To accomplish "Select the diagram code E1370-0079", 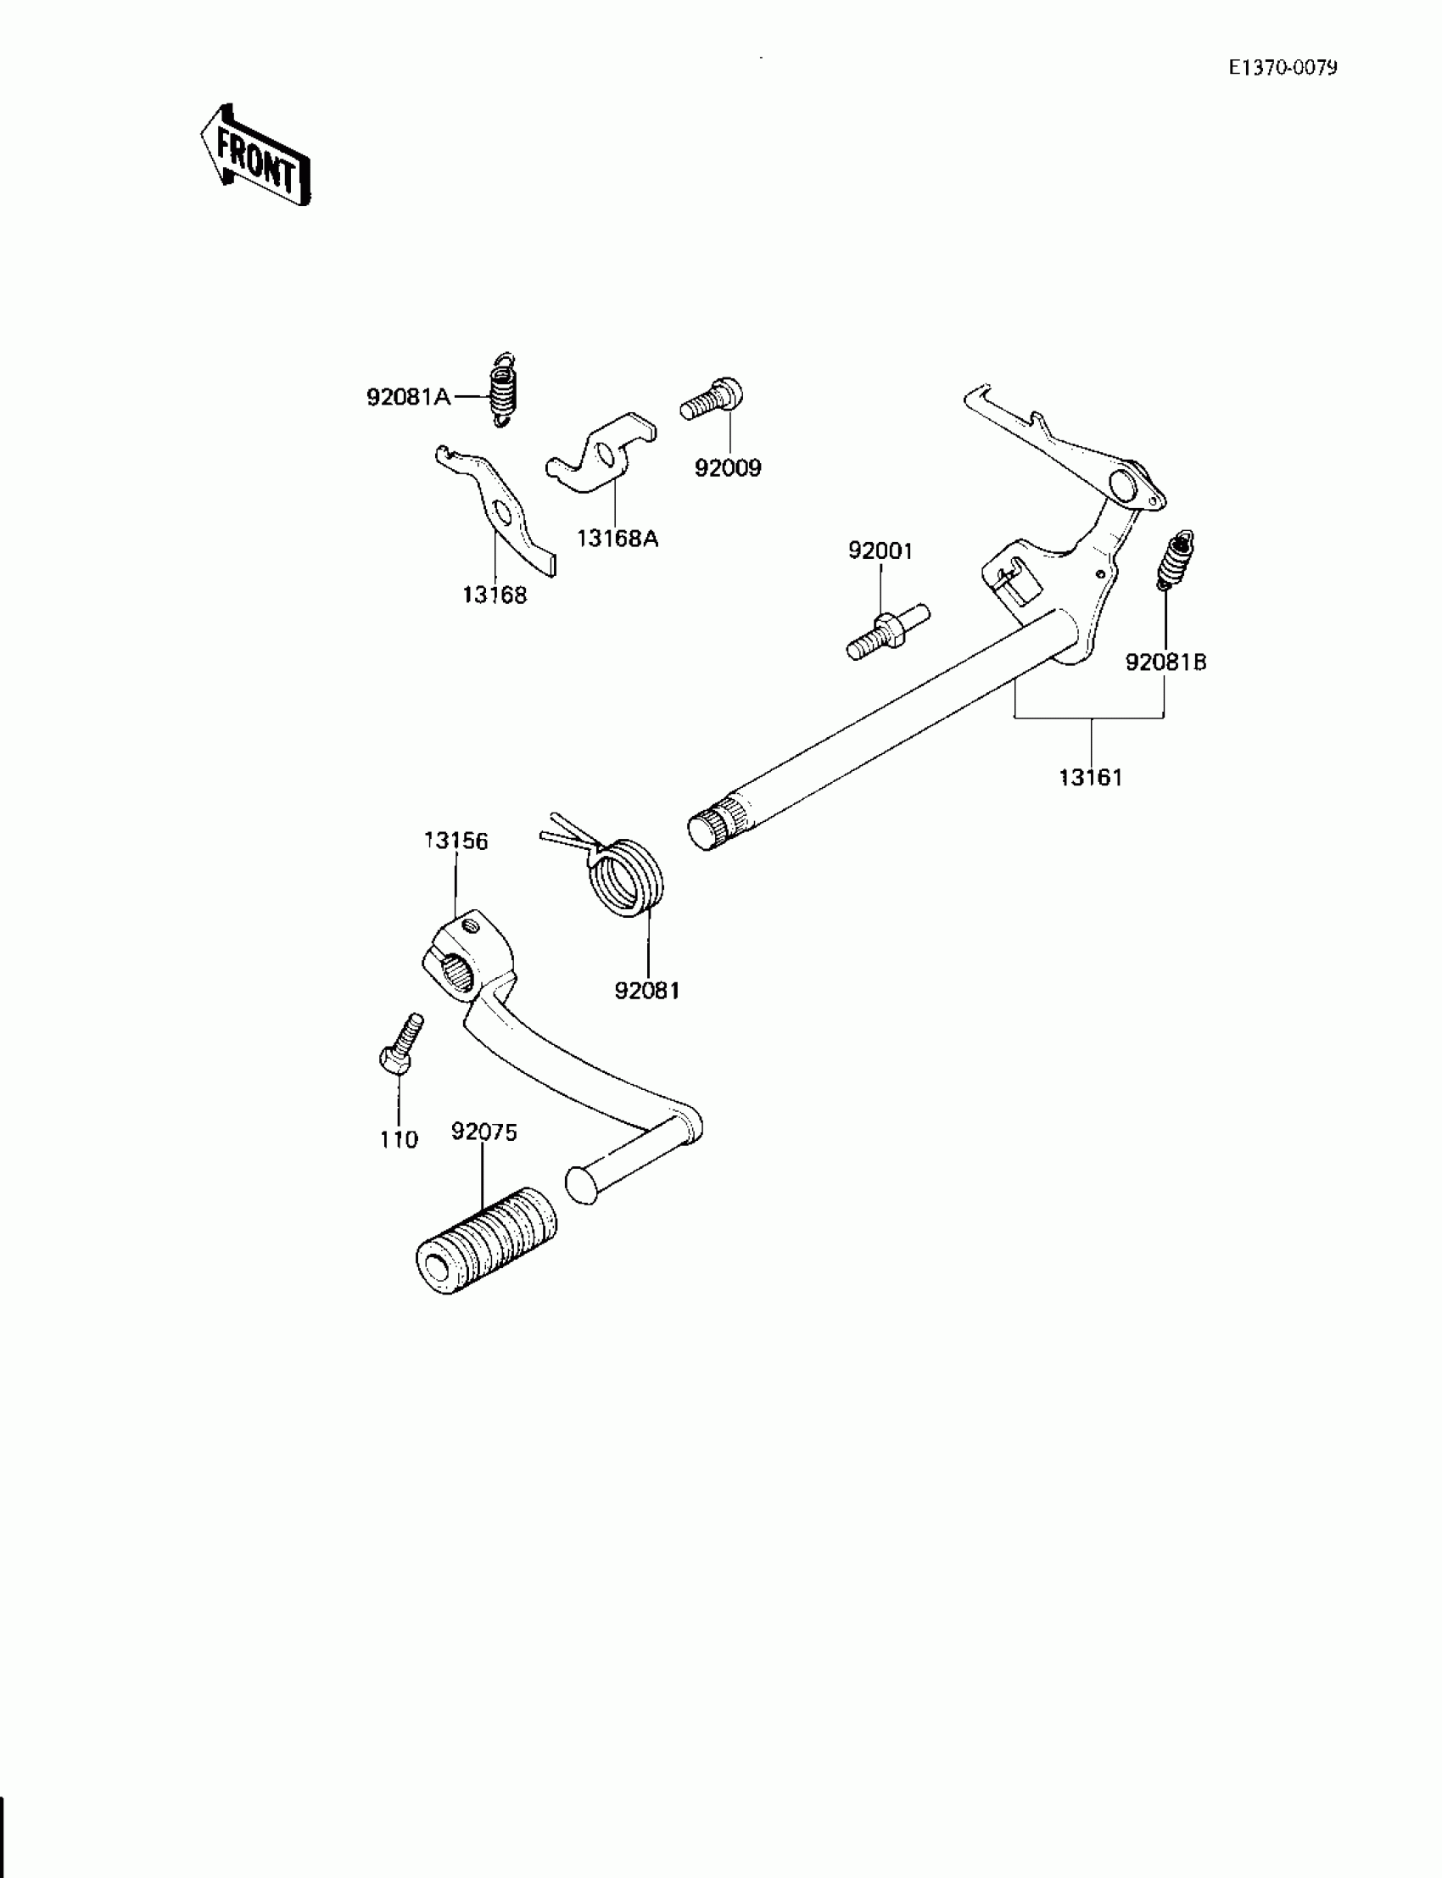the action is (1283, 68).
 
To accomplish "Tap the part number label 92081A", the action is (409, 398).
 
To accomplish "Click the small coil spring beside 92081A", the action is (503, 389).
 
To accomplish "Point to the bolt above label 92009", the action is (713, 400).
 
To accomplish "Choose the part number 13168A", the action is (618, 539).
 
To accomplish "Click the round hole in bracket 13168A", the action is (605, 455).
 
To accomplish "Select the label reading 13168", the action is (495, 595).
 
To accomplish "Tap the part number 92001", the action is (880, 551).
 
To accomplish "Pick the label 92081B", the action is (1165, 662).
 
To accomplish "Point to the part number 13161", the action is (1090, 778).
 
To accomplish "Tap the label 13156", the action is (456, 841).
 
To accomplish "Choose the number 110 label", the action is (399, 1140).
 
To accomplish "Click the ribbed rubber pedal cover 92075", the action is (486, 1241).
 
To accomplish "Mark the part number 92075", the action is (484, 1132).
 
